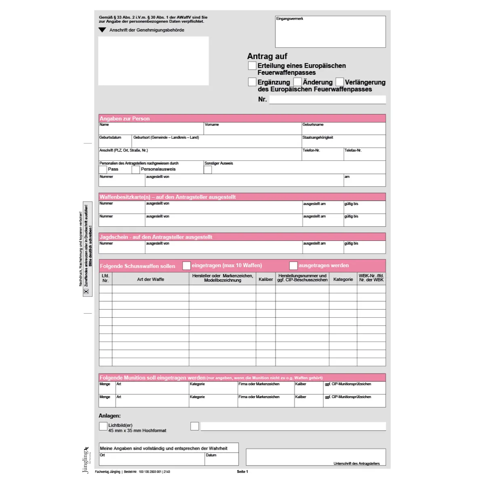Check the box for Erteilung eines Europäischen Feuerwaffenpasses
[x=252, y=65]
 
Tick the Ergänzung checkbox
[x=252, y=82]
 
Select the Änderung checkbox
[x=297, y=82]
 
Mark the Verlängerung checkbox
[x=339, y=82]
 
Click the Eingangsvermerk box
[x=330, y=32]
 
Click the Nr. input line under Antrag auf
[x=327, y=99]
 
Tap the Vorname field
[x=252, y=130]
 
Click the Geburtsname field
[x=344, y=130]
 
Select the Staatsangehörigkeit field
[x=344, y=142]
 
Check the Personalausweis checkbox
[x=136, y=170]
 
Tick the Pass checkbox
[x=103, y=170]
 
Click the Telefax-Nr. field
[x=365, y=155]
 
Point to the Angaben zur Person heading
[x=125, y=118]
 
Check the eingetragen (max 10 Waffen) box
[x=186, y=266]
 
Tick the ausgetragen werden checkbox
[x=293, y=266]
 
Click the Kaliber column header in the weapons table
[x=266, y=279]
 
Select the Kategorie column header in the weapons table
[x=343, y=279]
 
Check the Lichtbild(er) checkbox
[x=103, y=426]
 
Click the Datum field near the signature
[x=221, y=460]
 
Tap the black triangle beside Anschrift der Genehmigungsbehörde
[x=102, y=30]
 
